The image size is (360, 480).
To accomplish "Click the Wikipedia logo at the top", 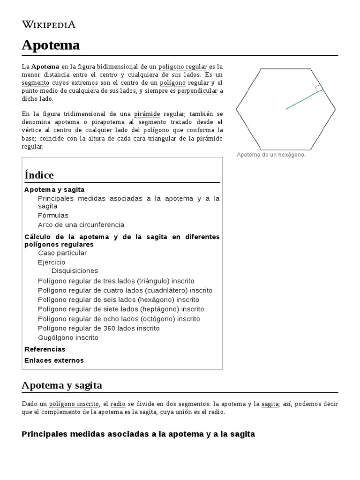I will pyautogui.click(x=49, y=25).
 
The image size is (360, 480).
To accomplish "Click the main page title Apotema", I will pyautogui.click(x=51, y=45).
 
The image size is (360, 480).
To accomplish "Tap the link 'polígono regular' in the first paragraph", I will pyautogui.click(x=182, y=67).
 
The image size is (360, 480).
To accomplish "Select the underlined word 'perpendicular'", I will pyautogui.click(x=197, y=90).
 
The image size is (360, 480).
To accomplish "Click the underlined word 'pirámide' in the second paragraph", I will pyautogui.click(x=147, y=114).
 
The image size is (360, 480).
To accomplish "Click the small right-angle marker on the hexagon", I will pyautogui.click(x=319, y=88).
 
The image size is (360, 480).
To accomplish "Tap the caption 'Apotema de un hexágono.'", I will pyautogui.click(x=271, y=155).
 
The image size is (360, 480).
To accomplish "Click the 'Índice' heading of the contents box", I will pyautogui.click(x=39, y=175).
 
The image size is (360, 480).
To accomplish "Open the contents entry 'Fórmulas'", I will pyautogui.click(x=53, y=216).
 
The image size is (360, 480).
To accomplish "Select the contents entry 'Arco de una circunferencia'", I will pyautogui.click(x=81, y=225).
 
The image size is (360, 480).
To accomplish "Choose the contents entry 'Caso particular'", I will pyautogui.click(x=62, y=253).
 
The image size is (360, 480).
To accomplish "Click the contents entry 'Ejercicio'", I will pyautogui.click(x=52, y=262).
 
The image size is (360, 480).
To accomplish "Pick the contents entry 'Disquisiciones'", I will pyautogui.click(x=75, y=271).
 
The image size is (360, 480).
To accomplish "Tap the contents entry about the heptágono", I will pyautogui.click(x=121, y=309).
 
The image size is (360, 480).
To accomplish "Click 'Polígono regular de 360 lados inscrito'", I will pyautogui.click(x=98, y=328).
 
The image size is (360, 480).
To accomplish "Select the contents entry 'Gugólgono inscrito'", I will pyautogui.click(x=68, y=337).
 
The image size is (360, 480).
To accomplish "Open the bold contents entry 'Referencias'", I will pyautogui.click(x=45, y=349).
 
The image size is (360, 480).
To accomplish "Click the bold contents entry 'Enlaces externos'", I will pyautogui.click(x=54, y=360).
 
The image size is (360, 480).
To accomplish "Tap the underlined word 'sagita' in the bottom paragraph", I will pyautogui.click(x=270, y=404).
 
